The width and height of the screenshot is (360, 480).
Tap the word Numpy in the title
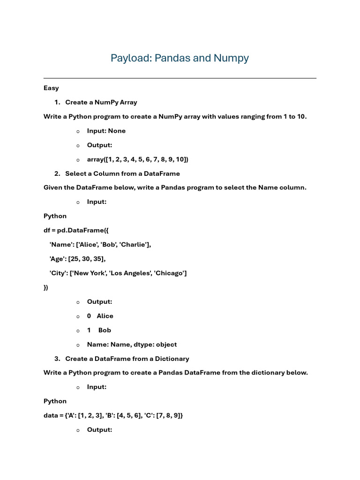point(231,58)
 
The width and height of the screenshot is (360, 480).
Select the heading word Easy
point(51,88)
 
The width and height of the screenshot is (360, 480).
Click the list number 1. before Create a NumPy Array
point(57,102)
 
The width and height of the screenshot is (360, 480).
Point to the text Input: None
point(106,131)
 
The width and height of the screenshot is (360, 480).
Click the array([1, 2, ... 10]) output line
point(137,159)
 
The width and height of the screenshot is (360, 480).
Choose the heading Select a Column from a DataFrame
point(122,173)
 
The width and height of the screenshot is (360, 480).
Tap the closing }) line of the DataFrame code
point(46,287)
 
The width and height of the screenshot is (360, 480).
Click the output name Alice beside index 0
point(105,316)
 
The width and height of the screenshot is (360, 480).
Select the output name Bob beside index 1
point(105,330)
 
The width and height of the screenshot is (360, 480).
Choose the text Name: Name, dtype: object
point(132,345)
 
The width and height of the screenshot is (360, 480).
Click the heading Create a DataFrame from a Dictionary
point(127,359)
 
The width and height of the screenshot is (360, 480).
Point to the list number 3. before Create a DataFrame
point(57,359)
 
